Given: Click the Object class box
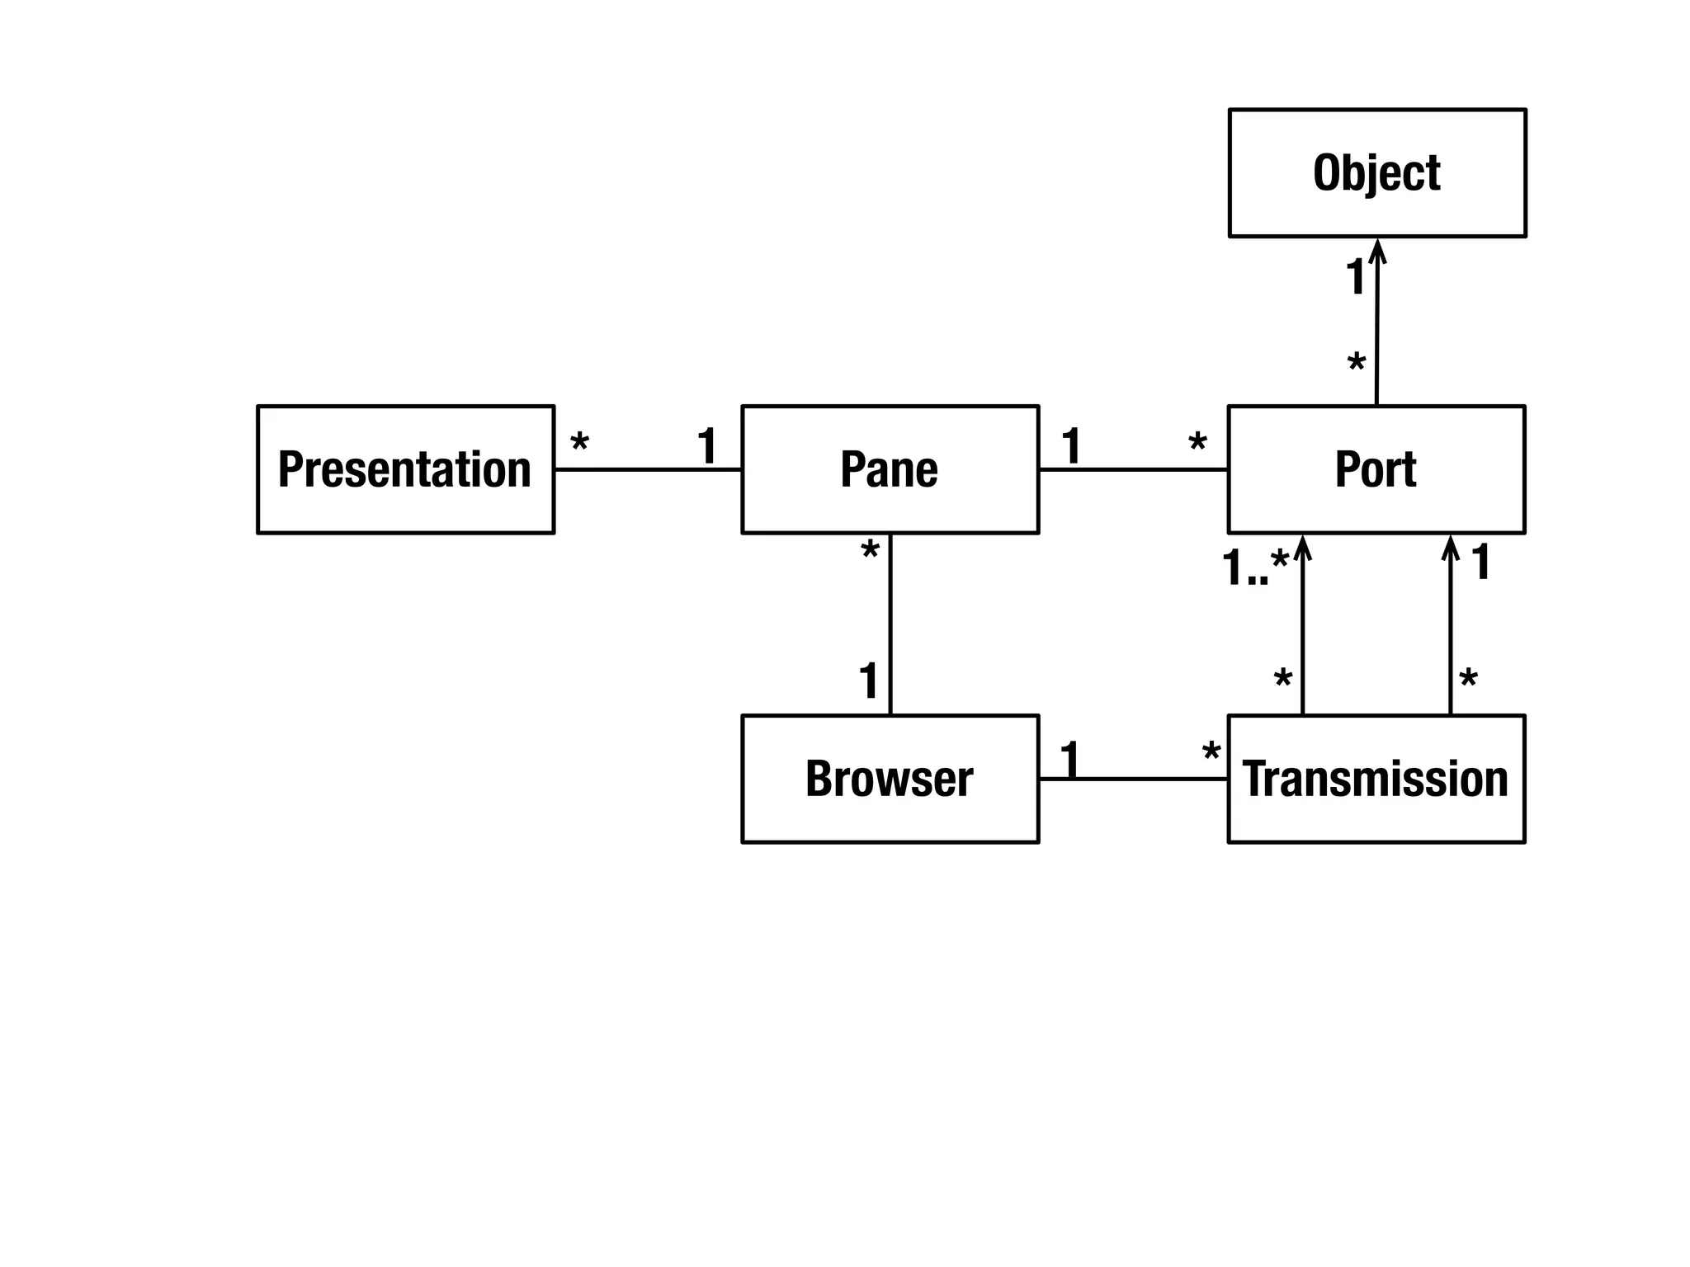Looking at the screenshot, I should pos(1376,173).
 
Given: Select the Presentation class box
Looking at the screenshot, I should pos(405,469).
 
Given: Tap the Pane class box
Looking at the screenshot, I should pos(890,469).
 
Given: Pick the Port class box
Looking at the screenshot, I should pos(1376,469).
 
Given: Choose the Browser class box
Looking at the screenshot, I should pos(890,779).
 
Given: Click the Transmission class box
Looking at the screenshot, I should pos(1376,779).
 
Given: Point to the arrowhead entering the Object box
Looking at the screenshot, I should pos(1377,250).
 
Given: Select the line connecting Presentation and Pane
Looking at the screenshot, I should pos(648,469).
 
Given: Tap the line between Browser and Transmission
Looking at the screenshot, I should pos(1133,778).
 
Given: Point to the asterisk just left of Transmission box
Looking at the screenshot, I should pos(1211,753).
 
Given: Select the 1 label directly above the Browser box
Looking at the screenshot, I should pos(869,681).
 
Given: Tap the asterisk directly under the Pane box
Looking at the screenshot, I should pos(870,551).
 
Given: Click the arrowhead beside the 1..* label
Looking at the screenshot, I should pos(1302,548).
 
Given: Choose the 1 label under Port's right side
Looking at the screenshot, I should pos(1481,562).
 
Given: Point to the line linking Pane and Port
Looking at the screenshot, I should pos(1133,469).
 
